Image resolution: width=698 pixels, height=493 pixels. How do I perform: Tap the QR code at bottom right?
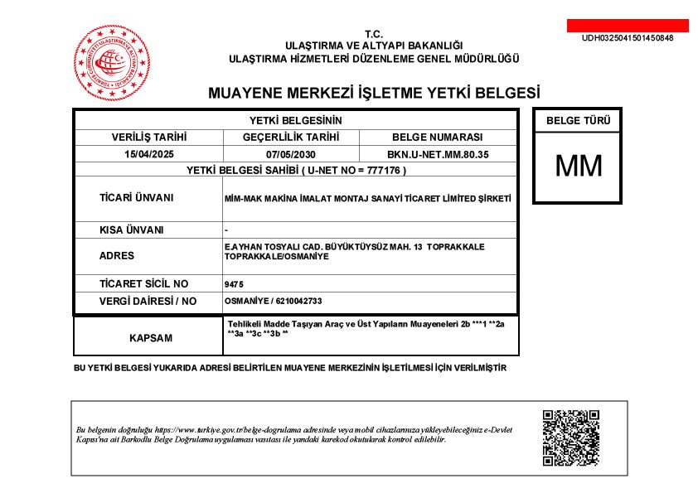point(570,437)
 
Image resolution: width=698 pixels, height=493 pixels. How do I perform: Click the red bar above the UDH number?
point(628,26)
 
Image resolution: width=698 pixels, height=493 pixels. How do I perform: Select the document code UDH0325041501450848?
point(628,38)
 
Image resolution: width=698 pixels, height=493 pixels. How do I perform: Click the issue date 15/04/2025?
point(149,154)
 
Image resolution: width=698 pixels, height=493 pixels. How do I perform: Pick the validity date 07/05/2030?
point(290,154)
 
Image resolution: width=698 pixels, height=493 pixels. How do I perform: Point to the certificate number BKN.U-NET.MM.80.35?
point(438,154)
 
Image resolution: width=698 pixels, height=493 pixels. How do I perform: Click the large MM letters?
point(578,167)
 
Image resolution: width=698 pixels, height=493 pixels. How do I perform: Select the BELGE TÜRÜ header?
point(578,121)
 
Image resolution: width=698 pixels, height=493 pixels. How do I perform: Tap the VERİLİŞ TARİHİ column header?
point(149,138)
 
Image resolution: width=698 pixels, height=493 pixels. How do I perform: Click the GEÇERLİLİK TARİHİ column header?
point(290,138)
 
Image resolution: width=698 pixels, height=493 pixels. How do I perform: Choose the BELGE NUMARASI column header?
point(438,138)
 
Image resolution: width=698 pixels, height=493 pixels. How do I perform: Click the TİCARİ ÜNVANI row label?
point(136,198)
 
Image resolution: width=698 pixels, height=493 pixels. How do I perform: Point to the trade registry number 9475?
point(234,284)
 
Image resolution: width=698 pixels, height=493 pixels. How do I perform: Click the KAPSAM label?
point(151,339)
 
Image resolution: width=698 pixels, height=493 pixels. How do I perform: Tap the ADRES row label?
point(116,256)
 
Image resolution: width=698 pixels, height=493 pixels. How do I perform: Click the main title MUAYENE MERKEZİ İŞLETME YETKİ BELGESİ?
point(373,91)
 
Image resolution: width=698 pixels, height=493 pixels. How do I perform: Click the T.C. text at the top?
point(373,34)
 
